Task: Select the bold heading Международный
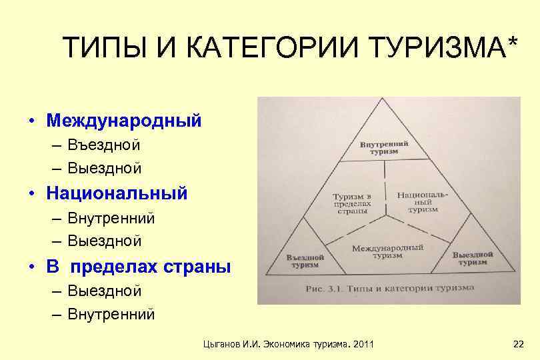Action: point(124,121)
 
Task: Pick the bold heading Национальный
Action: point(117,193)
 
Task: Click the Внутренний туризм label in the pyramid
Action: point(384,147)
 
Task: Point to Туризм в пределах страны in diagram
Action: point(353,203)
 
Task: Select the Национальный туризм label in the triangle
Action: point(423,201)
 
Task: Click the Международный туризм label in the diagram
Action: point(387,250)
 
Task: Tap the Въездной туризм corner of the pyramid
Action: point(305,261)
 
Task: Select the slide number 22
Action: point(519,343)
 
